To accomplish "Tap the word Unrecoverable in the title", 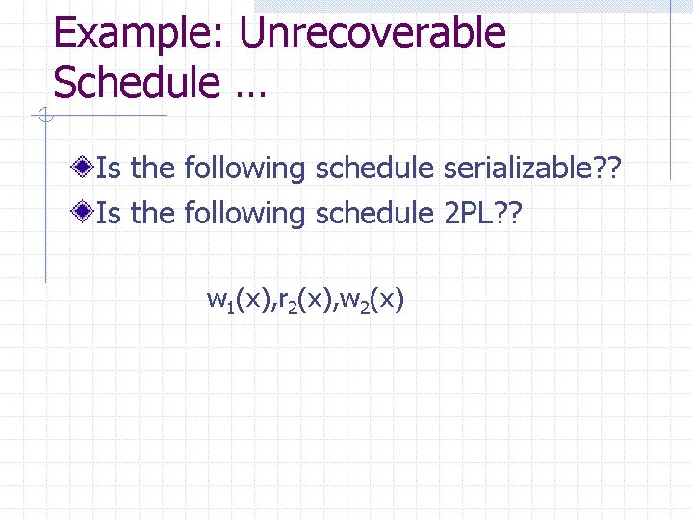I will coord(372,34).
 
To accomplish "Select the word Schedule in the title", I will coord(136,83).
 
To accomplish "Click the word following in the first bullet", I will coord(244,169).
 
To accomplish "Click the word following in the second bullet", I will coord(244,213).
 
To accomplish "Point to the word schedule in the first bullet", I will coord(374,169).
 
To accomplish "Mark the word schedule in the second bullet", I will coord(374,213).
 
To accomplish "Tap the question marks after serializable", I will coord(609,169).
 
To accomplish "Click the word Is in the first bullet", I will coord(109,169).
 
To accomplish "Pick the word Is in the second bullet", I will coord(109,213).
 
